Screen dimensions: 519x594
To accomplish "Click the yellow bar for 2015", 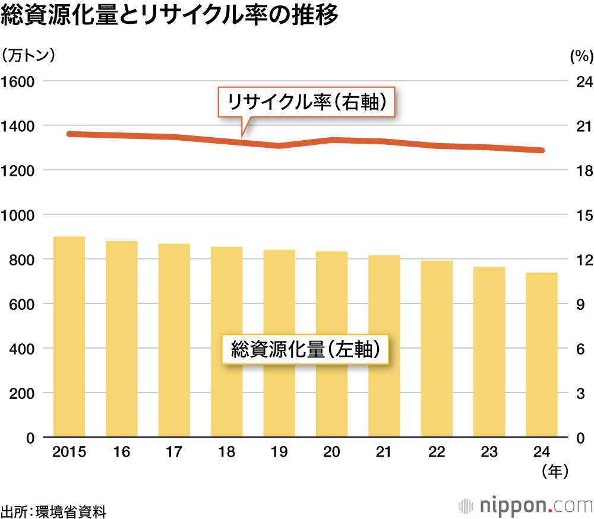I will pyautogui.click(x=69, y=337).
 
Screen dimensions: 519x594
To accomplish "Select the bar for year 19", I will pyautogui.click(x=279, y=343).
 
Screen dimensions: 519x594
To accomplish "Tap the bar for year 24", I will pyautogui.click(x=542, y=355).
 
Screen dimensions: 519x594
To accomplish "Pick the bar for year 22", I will pyautogui.click(x=437, y=349).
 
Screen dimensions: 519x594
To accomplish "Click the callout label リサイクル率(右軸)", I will pyautogui.click(x=306, y=103).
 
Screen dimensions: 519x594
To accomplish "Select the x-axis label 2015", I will pyautogui.click(x=69, y=452).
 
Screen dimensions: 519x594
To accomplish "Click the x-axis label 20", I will pyautogui.click(x=331, y=452).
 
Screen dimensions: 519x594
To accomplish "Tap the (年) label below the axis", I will pyautogui.click(x=555, y=471).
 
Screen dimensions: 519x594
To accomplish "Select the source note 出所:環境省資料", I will pyautogui.click(x=53, y=510).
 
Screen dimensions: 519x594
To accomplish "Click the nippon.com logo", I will pyautogui.click(x=526, y=506).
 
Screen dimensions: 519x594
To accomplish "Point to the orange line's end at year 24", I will pyautogui.click(x=541, y=150).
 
